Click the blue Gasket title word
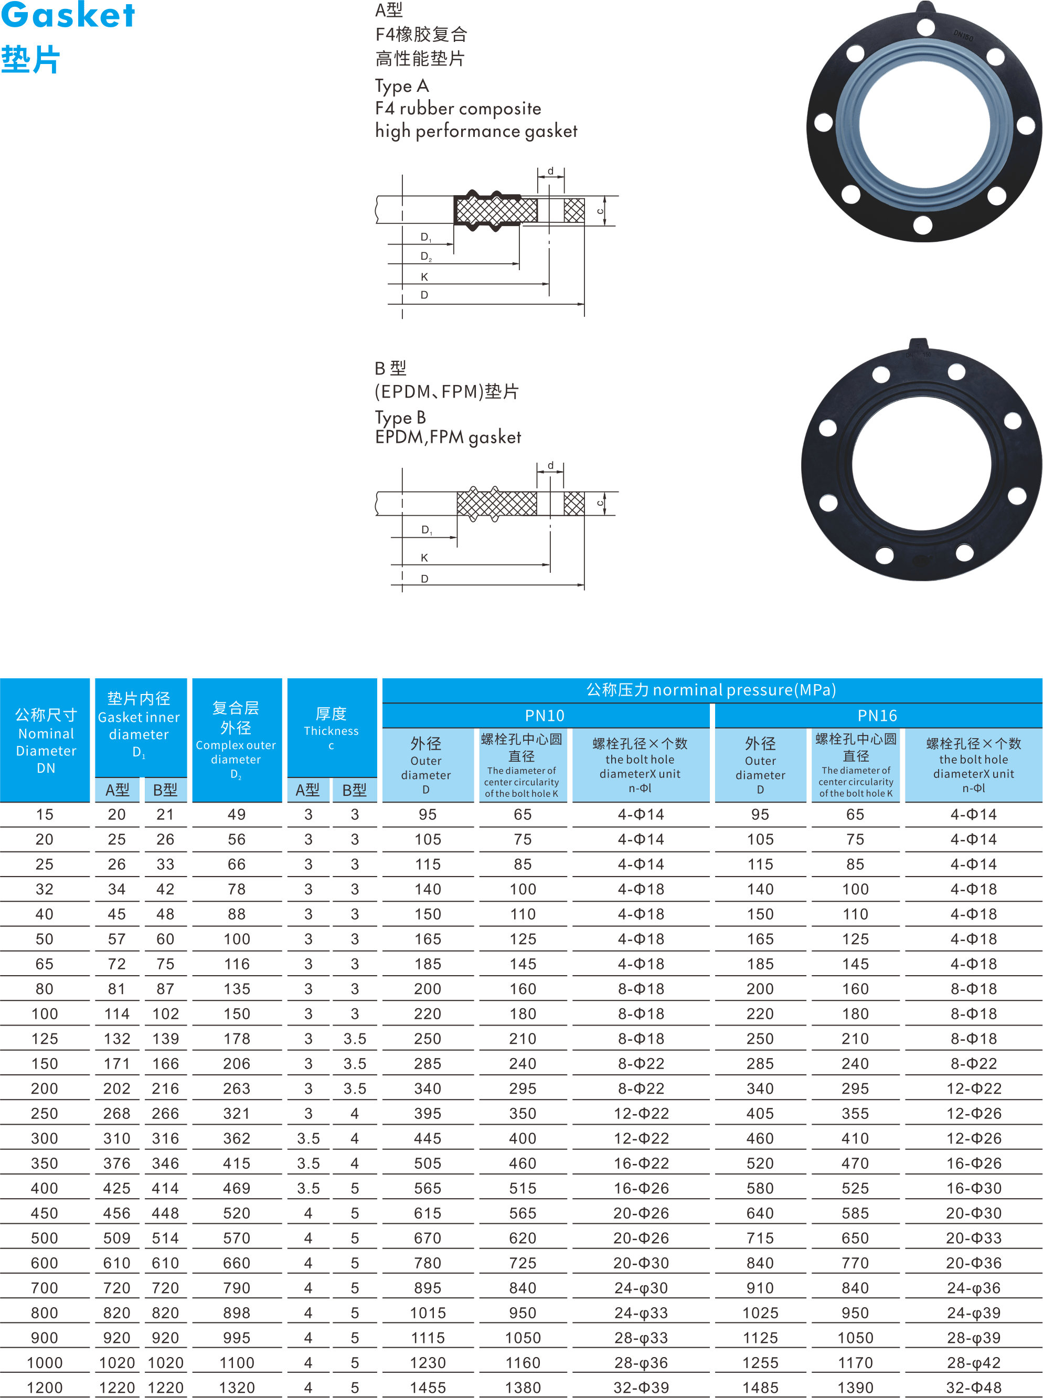point(68,16)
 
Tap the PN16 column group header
point(877,715)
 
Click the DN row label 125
point(44,1039)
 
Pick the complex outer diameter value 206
point(237,1063)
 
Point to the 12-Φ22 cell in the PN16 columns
point(974,1088)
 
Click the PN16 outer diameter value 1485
point(760,1388)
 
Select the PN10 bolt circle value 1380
point(523,1388)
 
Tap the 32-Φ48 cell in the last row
point(974,1388)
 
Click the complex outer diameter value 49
point(237,815)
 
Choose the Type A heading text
point(402,86)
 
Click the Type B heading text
point(400,417)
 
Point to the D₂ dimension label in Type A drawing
point(426,256)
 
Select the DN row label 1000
point(44,1363)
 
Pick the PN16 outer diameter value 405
point(760,1113)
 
